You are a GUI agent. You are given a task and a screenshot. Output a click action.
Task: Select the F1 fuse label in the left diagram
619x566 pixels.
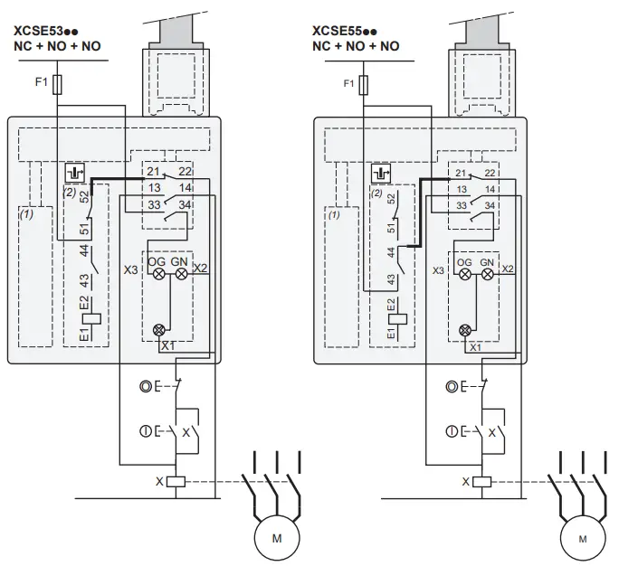click(40, 83)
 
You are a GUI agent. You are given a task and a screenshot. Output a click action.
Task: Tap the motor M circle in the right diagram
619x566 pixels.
click(582, 540)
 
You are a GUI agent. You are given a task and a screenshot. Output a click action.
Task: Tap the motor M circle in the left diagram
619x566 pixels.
click(277, 540)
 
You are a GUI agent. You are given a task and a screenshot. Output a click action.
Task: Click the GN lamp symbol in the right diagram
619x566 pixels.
click(489, 273)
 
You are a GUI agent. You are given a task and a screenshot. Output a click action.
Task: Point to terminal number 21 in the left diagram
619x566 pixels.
click(152, 172)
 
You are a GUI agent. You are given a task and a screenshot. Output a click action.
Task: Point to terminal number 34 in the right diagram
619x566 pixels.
click(490, 205)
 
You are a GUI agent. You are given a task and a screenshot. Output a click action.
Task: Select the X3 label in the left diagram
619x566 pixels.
click(130, 270)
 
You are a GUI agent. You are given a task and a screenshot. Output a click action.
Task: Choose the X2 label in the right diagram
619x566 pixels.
click(508, 269)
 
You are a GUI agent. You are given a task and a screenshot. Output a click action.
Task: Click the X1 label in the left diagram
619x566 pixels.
click(168, 345)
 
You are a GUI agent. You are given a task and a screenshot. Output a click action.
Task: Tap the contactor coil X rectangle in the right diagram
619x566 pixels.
click(481, 481)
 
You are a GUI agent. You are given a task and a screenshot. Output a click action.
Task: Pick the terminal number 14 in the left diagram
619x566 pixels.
click(186, 188)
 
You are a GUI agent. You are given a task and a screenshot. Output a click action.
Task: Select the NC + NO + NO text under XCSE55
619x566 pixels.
click(356, 46)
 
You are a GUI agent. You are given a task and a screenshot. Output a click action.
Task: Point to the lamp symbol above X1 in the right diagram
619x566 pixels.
click(466, 331)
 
